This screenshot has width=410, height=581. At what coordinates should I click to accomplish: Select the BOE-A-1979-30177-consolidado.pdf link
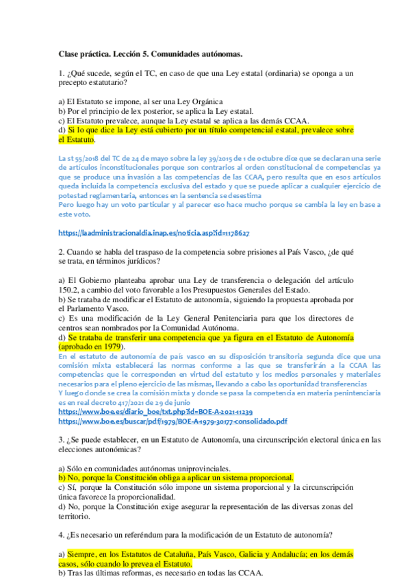click(172, 421)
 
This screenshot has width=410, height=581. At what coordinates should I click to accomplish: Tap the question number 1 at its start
click(61, 73)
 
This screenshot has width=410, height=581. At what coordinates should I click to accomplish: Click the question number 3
click(61, 439)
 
